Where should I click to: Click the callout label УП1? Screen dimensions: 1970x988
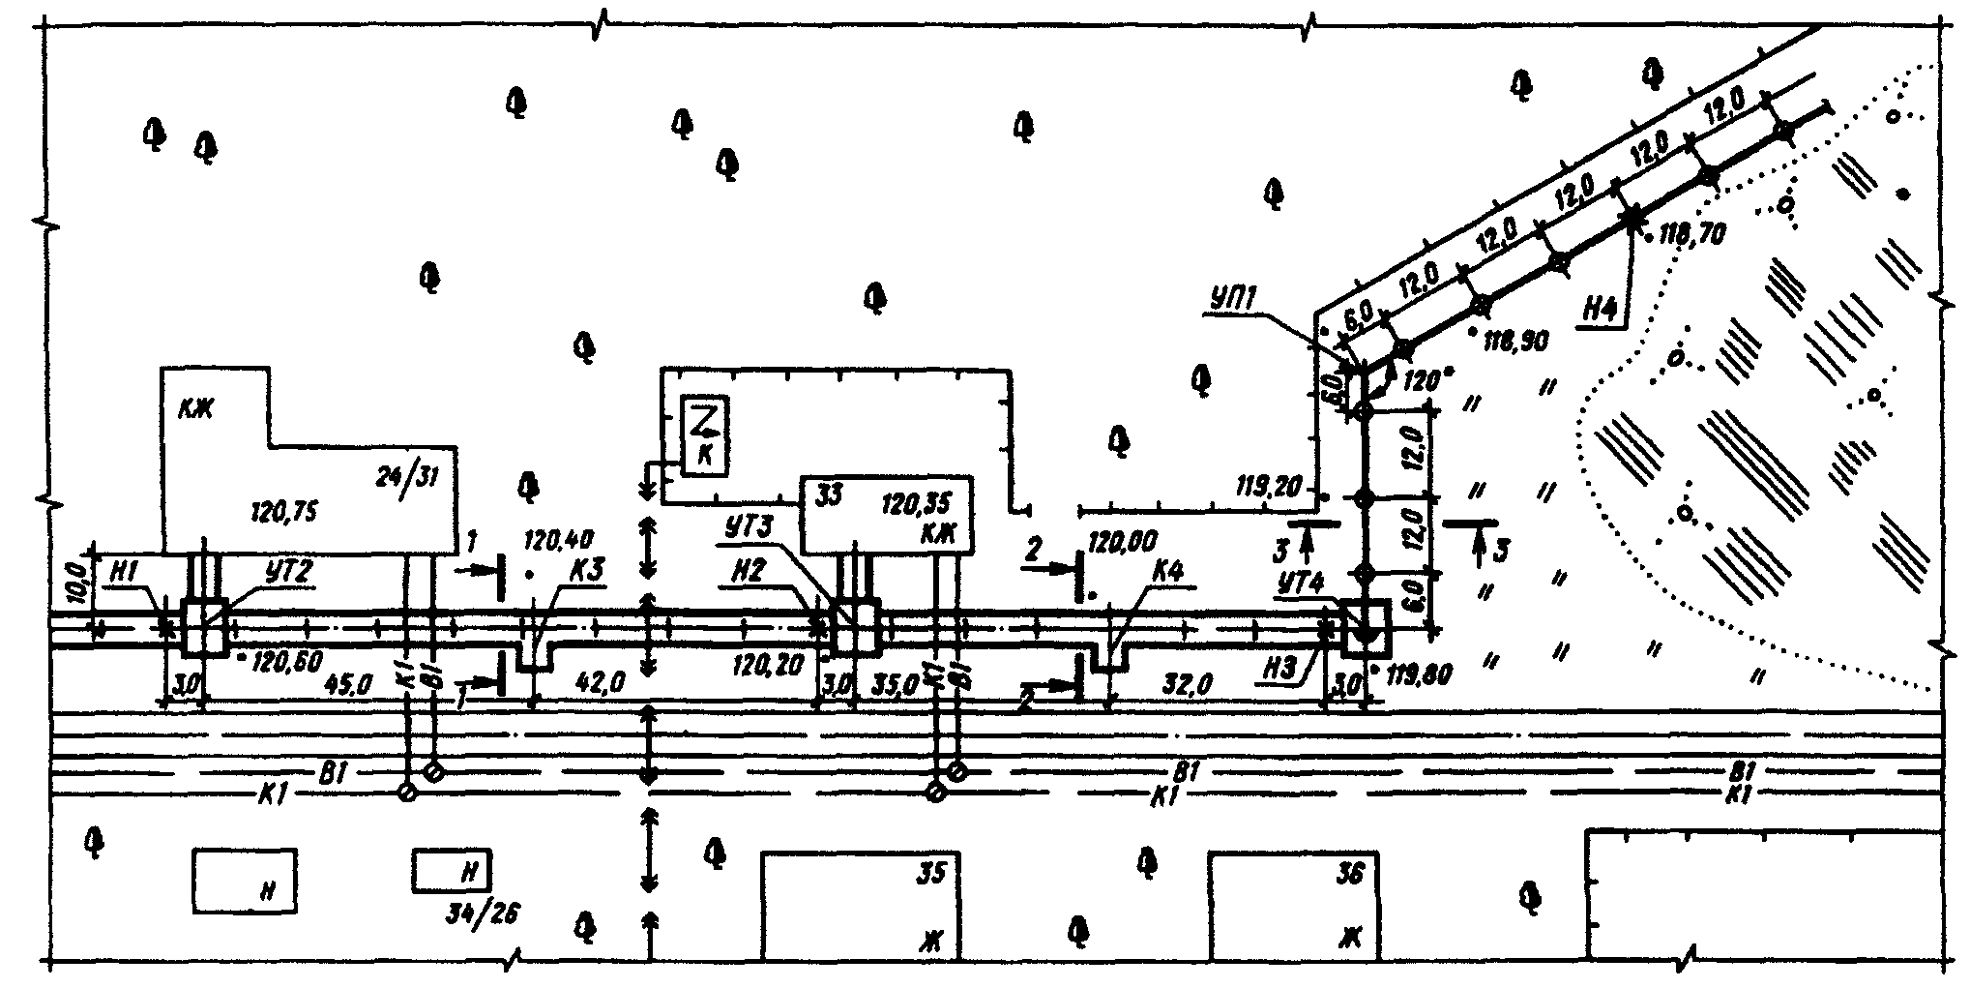(x=1232, y=299)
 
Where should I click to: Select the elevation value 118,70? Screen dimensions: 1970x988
(x=1690, y=232)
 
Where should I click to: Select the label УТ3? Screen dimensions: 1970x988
(x=748, y=530)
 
